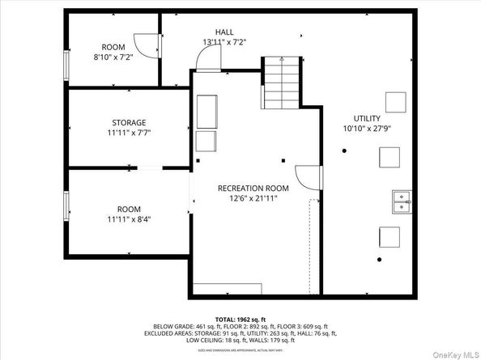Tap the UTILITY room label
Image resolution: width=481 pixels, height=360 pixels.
[367, 118]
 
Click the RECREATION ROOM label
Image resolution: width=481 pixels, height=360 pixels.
[253, 188]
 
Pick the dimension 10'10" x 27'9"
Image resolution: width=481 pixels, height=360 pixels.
[367, 128]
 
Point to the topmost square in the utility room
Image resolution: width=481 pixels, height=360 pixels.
[395, 101]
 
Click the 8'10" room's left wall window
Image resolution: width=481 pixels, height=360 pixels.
[67, 65]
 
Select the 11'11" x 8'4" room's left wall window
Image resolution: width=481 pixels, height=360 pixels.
[67, 205]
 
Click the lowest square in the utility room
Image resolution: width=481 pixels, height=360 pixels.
[389, 237]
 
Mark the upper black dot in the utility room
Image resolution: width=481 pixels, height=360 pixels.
[344, 150]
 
